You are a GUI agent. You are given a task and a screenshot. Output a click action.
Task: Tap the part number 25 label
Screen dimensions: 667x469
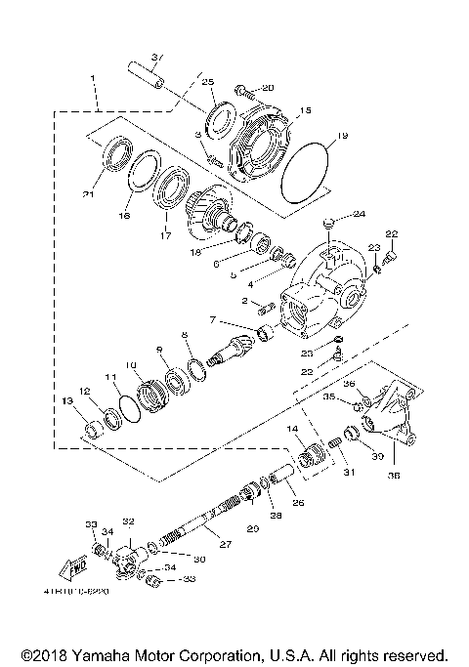207,83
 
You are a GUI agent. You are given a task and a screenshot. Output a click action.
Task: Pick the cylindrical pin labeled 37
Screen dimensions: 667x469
147,77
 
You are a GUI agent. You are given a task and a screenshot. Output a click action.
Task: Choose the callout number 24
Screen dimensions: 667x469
359,213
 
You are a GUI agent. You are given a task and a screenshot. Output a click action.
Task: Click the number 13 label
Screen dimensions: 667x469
67,401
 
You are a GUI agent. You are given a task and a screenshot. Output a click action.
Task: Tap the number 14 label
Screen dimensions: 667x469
293,430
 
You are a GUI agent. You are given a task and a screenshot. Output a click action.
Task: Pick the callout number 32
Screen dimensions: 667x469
128,521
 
